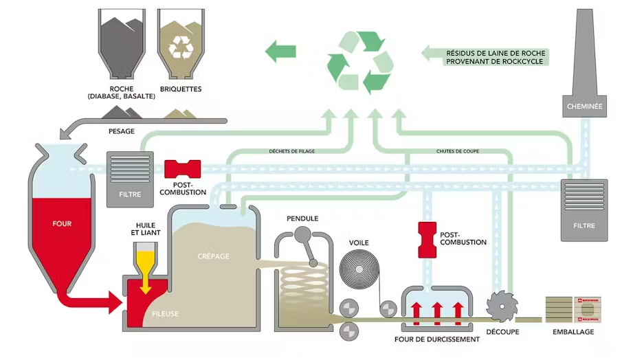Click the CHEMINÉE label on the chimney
(585, 106)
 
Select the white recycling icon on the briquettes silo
(181, 46)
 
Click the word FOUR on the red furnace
(61, 223)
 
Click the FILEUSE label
(165, 314)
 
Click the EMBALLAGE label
(573, 332)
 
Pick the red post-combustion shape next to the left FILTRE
(183, 169)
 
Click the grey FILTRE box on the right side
(584, 209)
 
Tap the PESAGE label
(121, 131)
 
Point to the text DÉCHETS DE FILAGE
(291, 151)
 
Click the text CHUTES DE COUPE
(458, 151)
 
